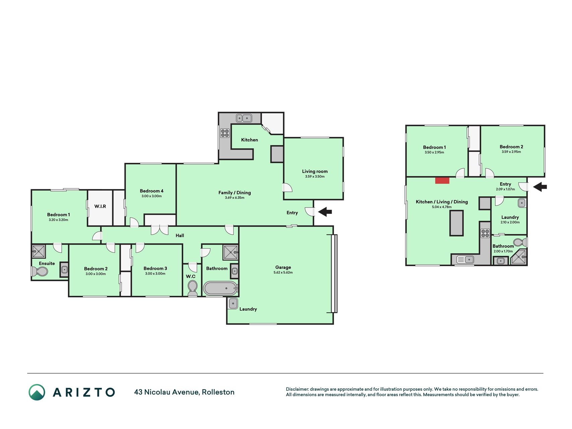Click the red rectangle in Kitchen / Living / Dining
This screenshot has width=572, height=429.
pyautogui.click(x=442, y=181)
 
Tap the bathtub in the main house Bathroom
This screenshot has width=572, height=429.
pyautogui.click(x=220, y=288)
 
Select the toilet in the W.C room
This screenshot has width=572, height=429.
pyautogui.click(x=192, y=288)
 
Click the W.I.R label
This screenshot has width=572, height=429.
pyautogui.click(x=100, y=206)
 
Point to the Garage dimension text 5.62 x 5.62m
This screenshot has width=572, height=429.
pyautogui.click(x=283, y=273)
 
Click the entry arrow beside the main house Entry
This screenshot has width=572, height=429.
pyautogui.click(x=325, y=212)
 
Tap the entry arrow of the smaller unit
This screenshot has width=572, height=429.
pyautogui.click(x=540, y=187)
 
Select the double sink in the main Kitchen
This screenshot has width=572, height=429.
pyautogui.click(x=244, y=118)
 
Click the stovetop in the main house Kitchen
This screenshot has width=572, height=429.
pyautogui.click(x=225, y=133)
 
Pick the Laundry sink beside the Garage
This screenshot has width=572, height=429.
pyautogui.click(x=233, y=304)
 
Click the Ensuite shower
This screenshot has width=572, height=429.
pyautogui.click(x=38, y=251)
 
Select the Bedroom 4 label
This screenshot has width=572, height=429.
pyautogui.click(x=151, y=191)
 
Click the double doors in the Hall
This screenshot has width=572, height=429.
pyautogui.click(x=160, y=230)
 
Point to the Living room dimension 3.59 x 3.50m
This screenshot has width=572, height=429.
pyautogui.click(x=315, y=177)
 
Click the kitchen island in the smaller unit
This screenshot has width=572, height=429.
pyautogui.click(x=456, y=223)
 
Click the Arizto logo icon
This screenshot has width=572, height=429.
pyautogui.click(x=37, y=392)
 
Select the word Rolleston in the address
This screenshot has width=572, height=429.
pyautogui.click(x=218, y=392)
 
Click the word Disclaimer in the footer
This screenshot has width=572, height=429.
pyautogui.click(x=297, y=389)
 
